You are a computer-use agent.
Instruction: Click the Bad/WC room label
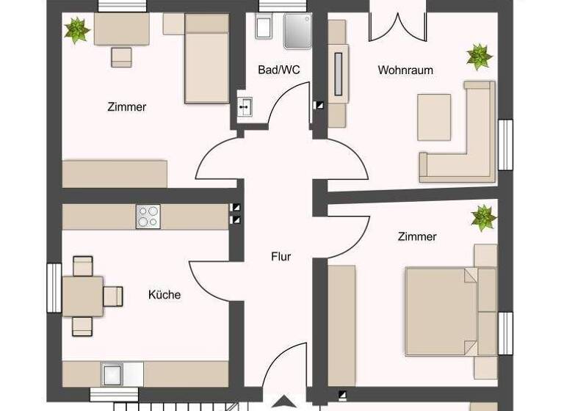coord(279,70)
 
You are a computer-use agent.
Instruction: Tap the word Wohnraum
coord(405,70)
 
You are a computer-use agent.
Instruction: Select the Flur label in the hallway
coord(281,256)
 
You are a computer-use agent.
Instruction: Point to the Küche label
coord(164,295)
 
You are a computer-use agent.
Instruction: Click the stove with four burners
coord(147,216)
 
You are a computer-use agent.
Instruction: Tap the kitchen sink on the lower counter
coord(112,374)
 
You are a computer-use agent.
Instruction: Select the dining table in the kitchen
coord(82,296)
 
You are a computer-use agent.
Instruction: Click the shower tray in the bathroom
coord(297,32)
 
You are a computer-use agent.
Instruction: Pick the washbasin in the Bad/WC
coord(245,107)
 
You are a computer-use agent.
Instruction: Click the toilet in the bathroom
coord(264,28)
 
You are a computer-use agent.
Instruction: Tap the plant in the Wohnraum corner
coord(479,57)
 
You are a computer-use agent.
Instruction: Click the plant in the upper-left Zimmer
coord(76,30)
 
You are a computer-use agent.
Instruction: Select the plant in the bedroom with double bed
coord(483,217)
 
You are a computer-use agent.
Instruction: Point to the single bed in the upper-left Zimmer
coord(206,59)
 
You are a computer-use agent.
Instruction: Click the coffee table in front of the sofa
coord(435,117)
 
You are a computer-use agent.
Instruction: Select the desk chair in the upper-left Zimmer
coord(121,57)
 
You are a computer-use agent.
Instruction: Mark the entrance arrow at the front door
coord(283,402)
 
